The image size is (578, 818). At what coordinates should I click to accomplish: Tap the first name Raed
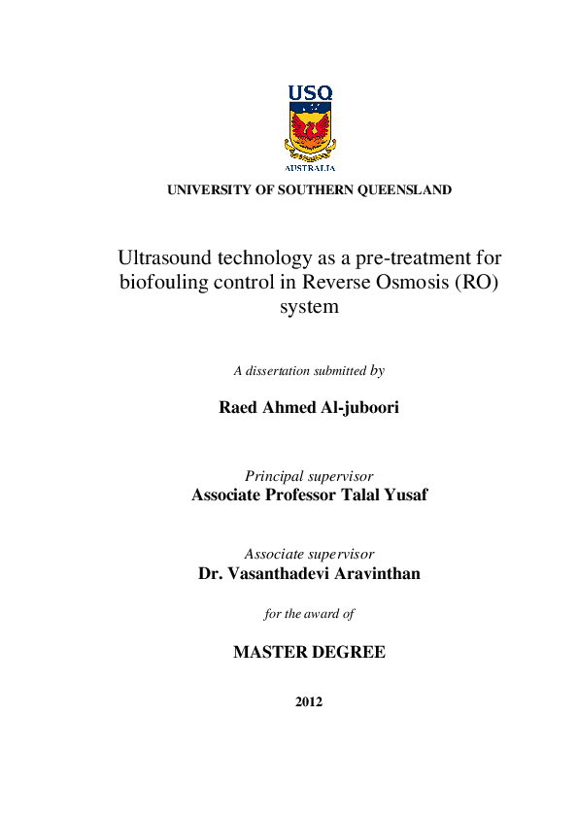pos(242,408)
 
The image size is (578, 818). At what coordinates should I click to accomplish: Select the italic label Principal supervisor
pos(309,476)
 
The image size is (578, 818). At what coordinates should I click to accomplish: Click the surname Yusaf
pos(401,495)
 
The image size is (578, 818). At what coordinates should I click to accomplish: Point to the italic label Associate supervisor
pos(309,554)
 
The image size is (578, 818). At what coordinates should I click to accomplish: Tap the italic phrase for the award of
pos(309,614)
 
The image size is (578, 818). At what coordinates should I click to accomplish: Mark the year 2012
pos(309,701)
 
